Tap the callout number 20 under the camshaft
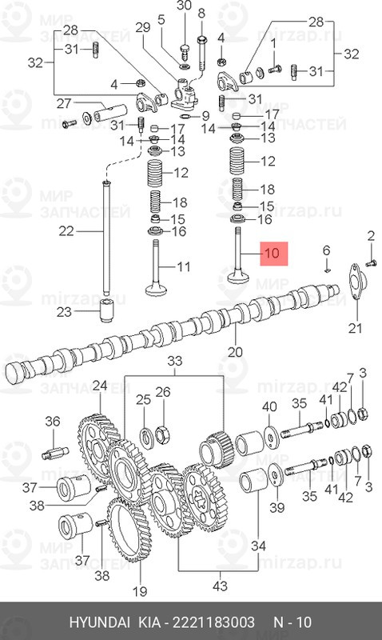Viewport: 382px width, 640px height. point(235,351)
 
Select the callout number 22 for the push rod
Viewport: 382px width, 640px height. point(66,231)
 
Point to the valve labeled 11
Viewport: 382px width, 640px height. point(156,271)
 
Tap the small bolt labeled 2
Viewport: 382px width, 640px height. point(371,264)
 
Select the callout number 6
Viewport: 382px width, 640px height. point(326,250)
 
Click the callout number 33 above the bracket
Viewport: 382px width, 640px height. point(174,362)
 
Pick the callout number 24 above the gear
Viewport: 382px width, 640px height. point(99,386)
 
